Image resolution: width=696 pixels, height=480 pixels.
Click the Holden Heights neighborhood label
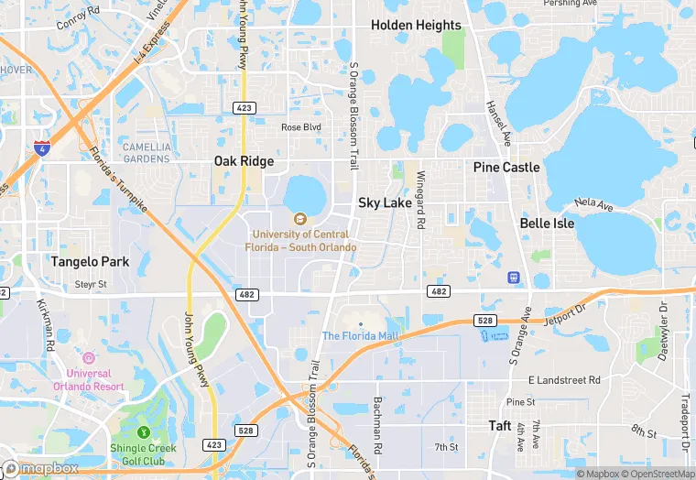(x=416, y=26)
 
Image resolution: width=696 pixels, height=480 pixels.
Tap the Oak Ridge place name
(x=244, y=161)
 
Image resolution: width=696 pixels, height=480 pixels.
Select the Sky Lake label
(x=385, y=202)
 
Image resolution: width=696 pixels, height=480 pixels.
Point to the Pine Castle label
(x=506, y=168)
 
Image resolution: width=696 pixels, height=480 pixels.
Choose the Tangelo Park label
(x=90, y=262)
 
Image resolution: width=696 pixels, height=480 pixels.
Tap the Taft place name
(x=500, y=426)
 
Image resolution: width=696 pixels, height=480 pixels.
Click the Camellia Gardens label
(x=147, y=153)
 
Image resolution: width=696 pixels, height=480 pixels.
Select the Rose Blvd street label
(x=301, y=127)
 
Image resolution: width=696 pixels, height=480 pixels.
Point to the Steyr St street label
(x=91, y=285)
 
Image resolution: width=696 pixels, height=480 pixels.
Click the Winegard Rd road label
(x=420, y=200)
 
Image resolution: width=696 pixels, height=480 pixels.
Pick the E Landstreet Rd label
(x=564, y=379)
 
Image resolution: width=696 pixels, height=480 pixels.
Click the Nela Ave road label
(x=593, y=206)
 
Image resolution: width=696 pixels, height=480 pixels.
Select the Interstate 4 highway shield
(x=41, y=147)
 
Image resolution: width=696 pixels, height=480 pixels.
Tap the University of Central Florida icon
(x=299, y=219)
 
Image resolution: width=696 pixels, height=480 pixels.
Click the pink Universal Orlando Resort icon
(x=89, y=358)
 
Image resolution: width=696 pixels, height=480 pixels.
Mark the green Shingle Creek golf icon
(x=144, y=432)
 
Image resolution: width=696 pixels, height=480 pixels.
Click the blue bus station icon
(x=515, y=277)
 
